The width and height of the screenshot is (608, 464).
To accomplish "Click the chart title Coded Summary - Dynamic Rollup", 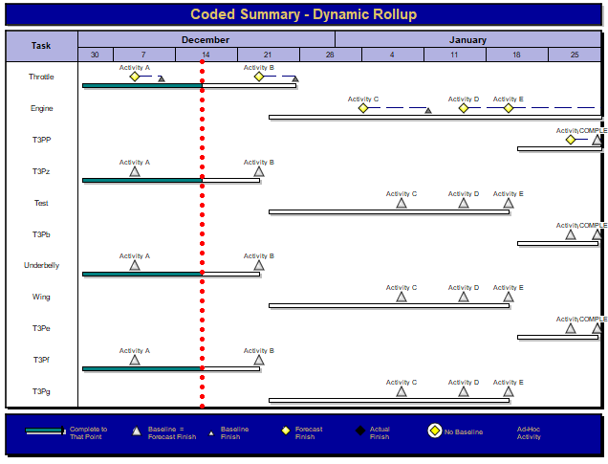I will pyautogui.click(x=303, y=14).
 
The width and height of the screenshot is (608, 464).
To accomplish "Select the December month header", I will pyautogui.click(x=206, y=39).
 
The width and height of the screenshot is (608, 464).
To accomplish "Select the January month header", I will pyautogui.click(x=467, y=39).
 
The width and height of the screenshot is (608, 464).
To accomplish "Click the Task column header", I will pyautogui.click(x=41, y=46).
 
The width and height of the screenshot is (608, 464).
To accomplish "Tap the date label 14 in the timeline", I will pyautogui.click(x=206, y=55).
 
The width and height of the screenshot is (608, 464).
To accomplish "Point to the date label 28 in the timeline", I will pyautogui.click(x=330, y=55).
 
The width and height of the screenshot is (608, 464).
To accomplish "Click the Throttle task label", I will pyautogui.click(x=41, y=77).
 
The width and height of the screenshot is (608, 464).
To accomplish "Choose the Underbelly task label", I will pyautogui.click(x=41, y=265).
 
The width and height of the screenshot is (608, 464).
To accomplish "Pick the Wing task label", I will pyautogui.click(x=41, y=297).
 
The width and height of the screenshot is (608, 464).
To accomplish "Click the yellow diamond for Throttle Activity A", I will pyautogui.click(x=135, y=77).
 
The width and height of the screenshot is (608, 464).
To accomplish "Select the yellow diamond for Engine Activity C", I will pyautogui.click(x=363, y=108).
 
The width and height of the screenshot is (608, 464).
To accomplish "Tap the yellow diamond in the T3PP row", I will pyautogui.click(x=571, y=140).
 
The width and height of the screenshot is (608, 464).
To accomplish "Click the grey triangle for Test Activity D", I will pyautogui.click(x=464, y=202).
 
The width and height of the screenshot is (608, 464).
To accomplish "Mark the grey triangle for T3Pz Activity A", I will pyautogui.click(x=135, y=171).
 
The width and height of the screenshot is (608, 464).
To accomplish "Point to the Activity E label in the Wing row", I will pyautogui.click(x=508, y=287).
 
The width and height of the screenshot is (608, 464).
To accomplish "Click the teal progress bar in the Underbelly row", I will pyautogui.click(x=141, y=274).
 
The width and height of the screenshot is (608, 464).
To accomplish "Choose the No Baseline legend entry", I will pyautogui.click(x=463, y=432).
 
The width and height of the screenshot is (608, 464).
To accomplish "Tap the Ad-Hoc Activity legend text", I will pyautogui.click(x=529, y=432).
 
